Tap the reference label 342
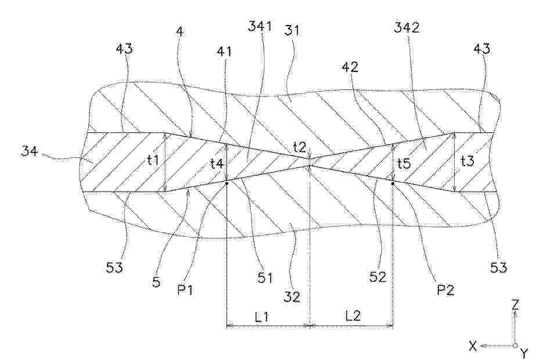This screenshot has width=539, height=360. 407,27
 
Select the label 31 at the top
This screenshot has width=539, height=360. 292,30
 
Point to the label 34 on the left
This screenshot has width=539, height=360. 29,150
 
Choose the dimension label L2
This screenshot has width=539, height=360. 353,315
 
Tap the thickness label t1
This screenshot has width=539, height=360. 154,160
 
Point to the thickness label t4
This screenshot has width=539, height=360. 217,163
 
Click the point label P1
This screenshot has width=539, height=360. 185,290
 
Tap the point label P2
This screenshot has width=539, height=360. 445,290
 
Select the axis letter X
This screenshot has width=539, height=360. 473,346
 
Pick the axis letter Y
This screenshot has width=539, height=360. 524,352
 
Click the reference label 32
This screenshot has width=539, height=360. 292,296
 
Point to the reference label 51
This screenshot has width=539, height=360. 265,278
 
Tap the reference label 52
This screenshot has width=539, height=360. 378,277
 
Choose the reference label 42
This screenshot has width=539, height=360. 350,67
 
